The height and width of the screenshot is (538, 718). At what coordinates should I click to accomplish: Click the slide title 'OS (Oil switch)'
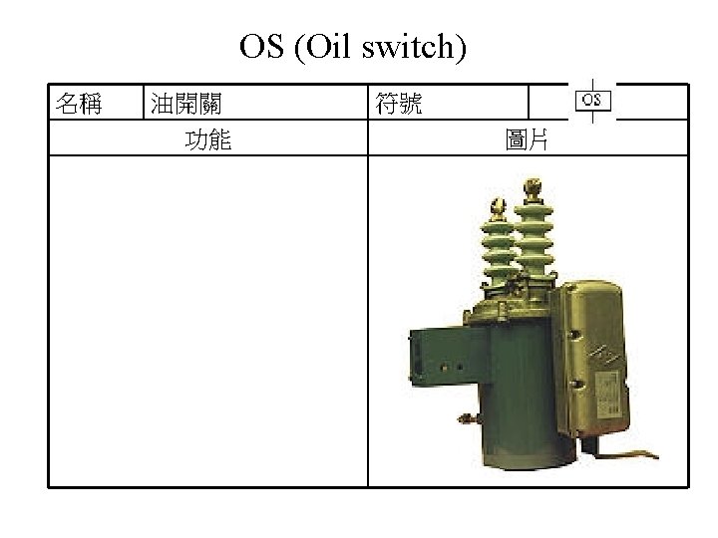tap(352, 47)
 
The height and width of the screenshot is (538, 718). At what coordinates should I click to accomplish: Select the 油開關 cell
tap(185, 103)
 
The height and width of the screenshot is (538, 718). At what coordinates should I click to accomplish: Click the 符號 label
tap(398, 103)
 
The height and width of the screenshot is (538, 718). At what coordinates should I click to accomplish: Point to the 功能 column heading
tap(208, 139)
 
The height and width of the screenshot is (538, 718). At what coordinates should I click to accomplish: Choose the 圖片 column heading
tap(528, 139)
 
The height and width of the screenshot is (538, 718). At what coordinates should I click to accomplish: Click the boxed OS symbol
tap(591, 100)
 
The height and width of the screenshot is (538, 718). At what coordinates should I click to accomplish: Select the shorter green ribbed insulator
tap(498, 249)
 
